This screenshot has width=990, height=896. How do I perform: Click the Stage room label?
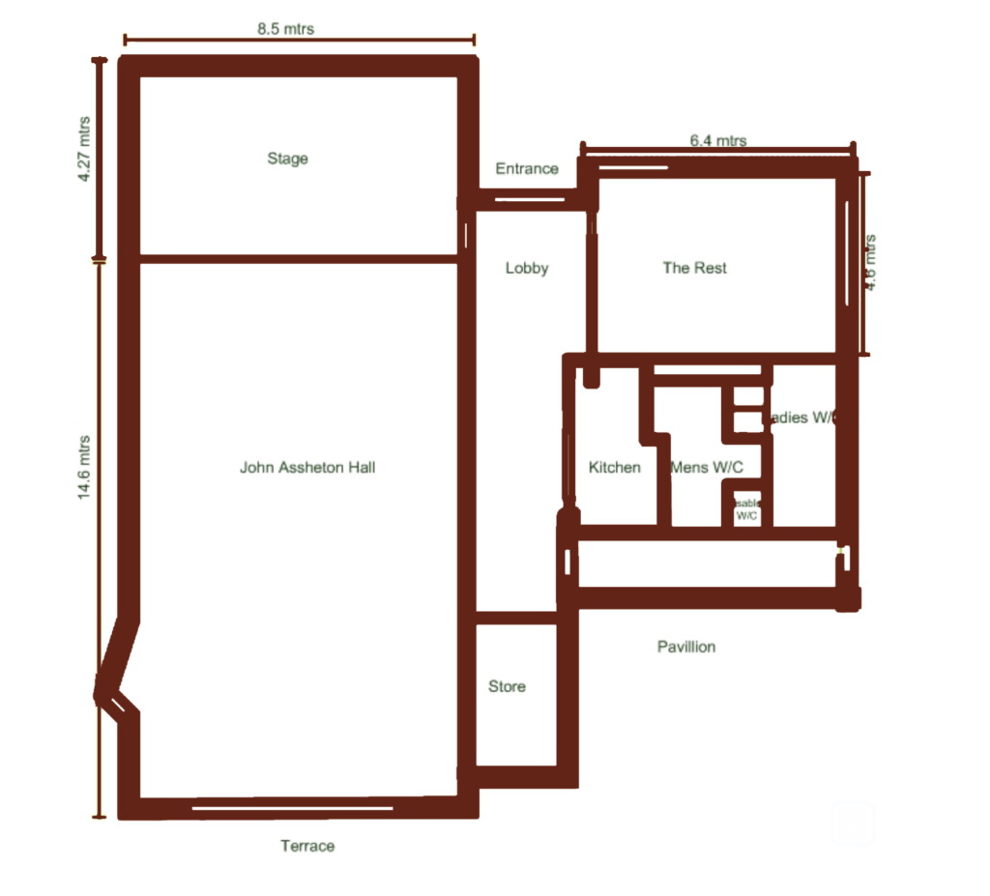[287, 159]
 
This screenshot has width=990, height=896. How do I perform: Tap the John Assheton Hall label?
[307, 468]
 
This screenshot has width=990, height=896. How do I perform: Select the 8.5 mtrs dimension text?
[285, 29]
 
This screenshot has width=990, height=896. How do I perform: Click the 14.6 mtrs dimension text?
[84, 467]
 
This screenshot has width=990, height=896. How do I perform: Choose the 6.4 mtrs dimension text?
[717, 141]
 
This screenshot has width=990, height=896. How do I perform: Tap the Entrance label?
[527, 168]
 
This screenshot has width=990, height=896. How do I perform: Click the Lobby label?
[527, 269]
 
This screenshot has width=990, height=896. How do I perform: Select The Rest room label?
[694, 268]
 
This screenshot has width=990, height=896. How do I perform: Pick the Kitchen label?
[615, 468]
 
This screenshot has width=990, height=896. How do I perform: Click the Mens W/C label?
[708, 468]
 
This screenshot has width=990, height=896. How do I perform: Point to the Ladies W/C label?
[801, 419]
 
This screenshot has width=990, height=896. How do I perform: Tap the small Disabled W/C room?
[747, 509]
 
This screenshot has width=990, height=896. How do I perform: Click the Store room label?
[507, 686]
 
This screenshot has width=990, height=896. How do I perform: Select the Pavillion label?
[686, 647]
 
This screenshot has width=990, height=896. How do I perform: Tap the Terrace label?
[307, 846]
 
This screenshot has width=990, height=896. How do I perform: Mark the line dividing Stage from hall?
[298, 258]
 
